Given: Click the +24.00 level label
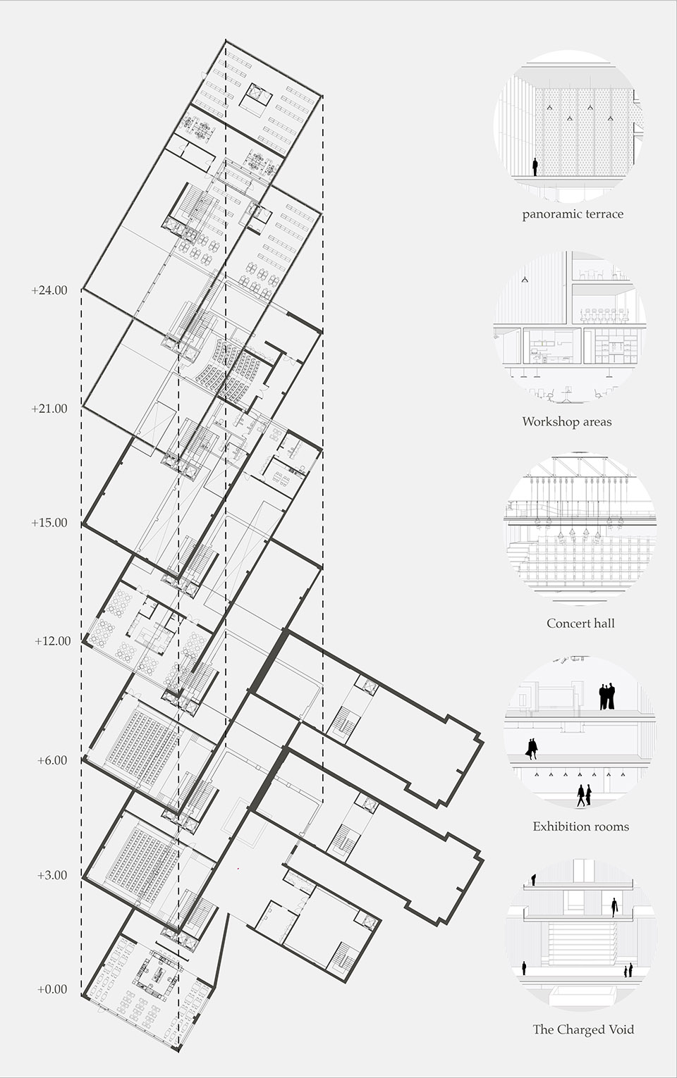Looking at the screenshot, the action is (49, 291).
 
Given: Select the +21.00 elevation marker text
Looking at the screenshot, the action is (49, 409).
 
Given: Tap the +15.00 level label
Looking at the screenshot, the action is (49, 523).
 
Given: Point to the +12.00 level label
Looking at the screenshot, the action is (52, 641).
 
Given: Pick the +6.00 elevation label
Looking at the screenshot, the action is (52, 760).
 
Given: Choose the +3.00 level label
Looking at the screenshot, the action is (52, 875).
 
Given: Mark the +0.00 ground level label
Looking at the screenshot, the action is (52, 989).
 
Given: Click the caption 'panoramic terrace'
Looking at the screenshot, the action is (573, 214).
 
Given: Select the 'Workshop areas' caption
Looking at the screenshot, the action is (567, 421).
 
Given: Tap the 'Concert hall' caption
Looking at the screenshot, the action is (580, 624).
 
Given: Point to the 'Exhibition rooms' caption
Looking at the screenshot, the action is (580, 826).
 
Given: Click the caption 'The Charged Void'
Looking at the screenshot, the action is (583, 1029).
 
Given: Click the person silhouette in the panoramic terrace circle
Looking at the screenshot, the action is (535, 168).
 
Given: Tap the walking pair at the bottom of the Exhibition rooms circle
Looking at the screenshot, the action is (585, 795).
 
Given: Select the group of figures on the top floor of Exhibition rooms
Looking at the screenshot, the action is (607, 696).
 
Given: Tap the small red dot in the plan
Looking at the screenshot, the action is (238, 869).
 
